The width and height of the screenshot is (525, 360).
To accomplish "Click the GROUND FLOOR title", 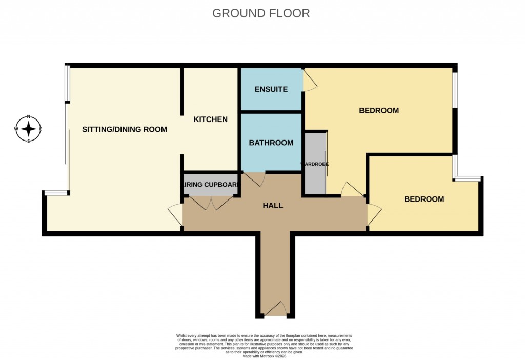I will [261, 13].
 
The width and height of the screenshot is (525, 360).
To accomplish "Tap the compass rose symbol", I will [29, 129].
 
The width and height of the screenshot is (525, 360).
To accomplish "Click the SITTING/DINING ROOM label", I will [125, 129].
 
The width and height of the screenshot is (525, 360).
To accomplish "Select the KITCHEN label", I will [210, 119].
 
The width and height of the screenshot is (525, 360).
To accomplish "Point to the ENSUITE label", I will [271, 89].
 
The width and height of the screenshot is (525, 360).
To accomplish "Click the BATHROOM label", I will [271, 143].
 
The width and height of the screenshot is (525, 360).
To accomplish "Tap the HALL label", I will [273, 206].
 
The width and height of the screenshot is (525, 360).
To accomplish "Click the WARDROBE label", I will [314, 164].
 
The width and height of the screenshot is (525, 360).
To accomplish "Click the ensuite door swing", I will [310, 82].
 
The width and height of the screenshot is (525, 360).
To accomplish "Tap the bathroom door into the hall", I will [254, 179].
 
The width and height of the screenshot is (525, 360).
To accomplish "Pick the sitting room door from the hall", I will [175, 214].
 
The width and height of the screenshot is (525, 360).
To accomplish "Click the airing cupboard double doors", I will [211, 203].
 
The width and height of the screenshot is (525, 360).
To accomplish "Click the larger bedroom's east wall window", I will [455, 90].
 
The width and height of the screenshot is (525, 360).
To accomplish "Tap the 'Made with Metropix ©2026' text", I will [264, 356].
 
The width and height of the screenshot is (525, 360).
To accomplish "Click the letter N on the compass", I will [29, 116].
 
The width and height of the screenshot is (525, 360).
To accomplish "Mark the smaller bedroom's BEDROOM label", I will [424, 199].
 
